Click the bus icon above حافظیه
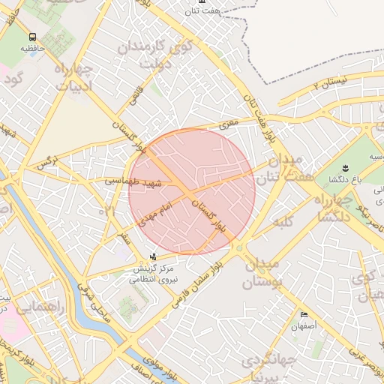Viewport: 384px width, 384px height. (x=31, y=37)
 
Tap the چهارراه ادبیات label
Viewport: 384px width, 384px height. (x=73, y=81)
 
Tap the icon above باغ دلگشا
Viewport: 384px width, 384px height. (x=346, y=167)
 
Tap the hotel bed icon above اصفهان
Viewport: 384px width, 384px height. (x=304, y=314)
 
